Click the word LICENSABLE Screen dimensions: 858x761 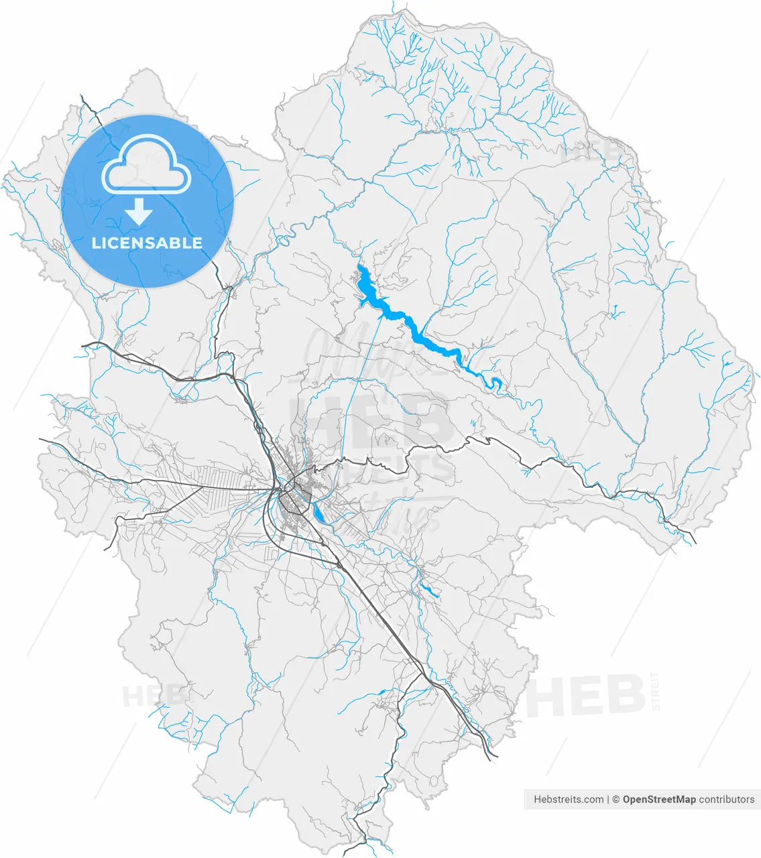coord(147,243)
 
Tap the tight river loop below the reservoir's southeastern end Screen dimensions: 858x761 coord(496,383)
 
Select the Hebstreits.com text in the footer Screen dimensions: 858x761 coord(569,799)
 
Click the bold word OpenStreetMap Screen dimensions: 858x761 coord(658,799)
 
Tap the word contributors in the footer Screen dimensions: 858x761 coord(726,799)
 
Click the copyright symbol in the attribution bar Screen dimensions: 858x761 coord(616,799)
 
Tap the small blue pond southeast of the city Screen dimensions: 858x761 coord(429,591)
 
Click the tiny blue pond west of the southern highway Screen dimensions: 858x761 coord(381,692)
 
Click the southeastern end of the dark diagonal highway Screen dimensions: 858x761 coord(495,756)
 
